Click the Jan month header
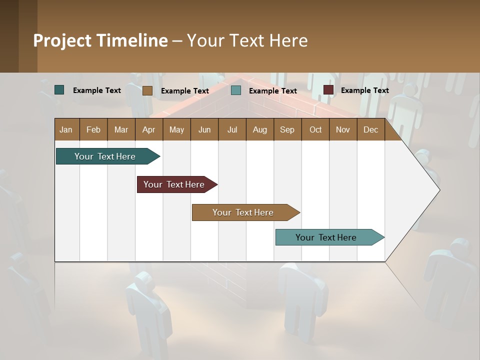click(66, 129)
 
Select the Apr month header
click(148, 129)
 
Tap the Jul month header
click(232, 129)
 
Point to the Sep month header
click(287, 129)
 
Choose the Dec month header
click(370, 129)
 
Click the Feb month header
click(93, 129)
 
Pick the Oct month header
click(315, 129)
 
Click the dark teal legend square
click(59, 90)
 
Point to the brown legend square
click(147, 90)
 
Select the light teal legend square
click(236, 90)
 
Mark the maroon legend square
click(328, 90)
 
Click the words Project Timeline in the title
click(100, 40)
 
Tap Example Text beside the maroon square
click(364, 90)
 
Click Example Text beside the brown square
click(184, 91)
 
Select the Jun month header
click(204, 129)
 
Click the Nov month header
click(343, 129)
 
